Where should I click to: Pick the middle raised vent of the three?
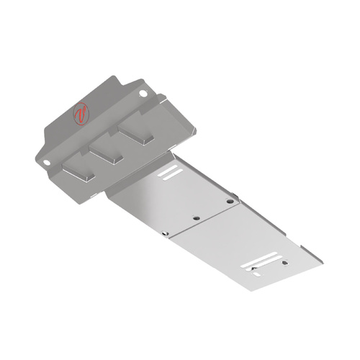coord(108,151)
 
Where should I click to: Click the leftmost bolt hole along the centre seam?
coord(165,233)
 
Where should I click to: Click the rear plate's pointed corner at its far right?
coord(321,254)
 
